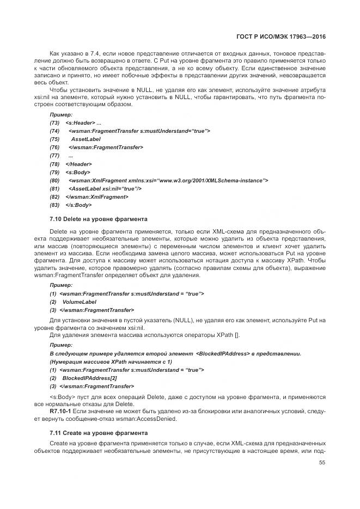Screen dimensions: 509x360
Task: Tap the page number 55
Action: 322,462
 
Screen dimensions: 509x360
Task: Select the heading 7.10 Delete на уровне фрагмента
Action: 98,219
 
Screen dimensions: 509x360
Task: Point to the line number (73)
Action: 54,123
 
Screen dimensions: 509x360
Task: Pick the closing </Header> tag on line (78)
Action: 79,164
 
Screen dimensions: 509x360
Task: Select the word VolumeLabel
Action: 80,302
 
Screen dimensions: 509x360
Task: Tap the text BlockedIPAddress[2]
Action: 90,378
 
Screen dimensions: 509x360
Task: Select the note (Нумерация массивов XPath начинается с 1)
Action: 111,361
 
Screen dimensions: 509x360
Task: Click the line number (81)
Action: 54,188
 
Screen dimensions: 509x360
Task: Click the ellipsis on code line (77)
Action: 71,156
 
